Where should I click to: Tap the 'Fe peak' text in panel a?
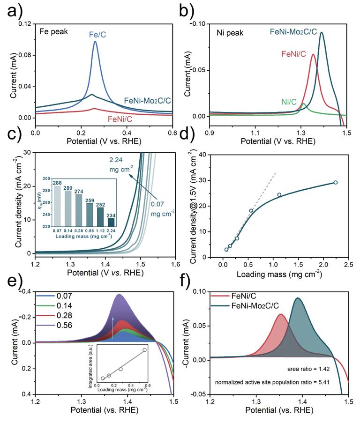coord(53,34)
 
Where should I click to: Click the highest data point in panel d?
coord(335,182)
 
